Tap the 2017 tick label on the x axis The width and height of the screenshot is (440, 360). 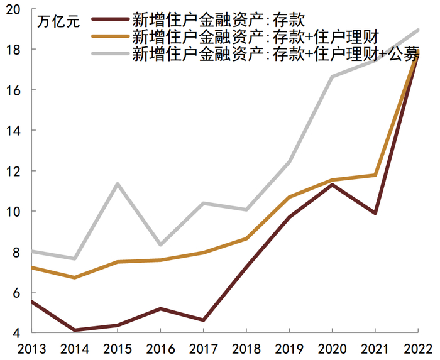(x=202, y=348)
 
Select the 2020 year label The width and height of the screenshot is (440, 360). (x=331, y=348)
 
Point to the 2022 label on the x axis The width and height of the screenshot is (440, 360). (x=417, y=348)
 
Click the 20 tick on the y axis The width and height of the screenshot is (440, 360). (x=14, y=9)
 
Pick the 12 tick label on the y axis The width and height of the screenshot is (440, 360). (x=14, y=171)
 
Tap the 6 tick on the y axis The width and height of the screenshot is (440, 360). (x=17, y=292)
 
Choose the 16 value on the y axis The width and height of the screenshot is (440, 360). (x=14, y=90)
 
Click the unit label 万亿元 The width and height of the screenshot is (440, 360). (x=58, y=23)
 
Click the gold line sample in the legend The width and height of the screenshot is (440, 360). (x=110, y=37)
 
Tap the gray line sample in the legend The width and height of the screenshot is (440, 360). (x=110, y=53)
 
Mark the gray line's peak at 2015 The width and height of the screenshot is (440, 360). (x=117, y=184)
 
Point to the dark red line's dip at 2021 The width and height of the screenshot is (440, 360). (x=375, y=214)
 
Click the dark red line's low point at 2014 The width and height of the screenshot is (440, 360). (x=74, y=330)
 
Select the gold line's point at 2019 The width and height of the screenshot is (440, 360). (x=289, y=197)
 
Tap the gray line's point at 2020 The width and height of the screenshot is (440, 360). (x=331, y=77)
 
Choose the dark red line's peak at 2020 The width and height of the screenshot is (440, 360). (x=331, y=185)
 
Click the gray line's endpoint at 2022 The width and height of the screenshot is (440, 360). (x=417, y=30)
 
